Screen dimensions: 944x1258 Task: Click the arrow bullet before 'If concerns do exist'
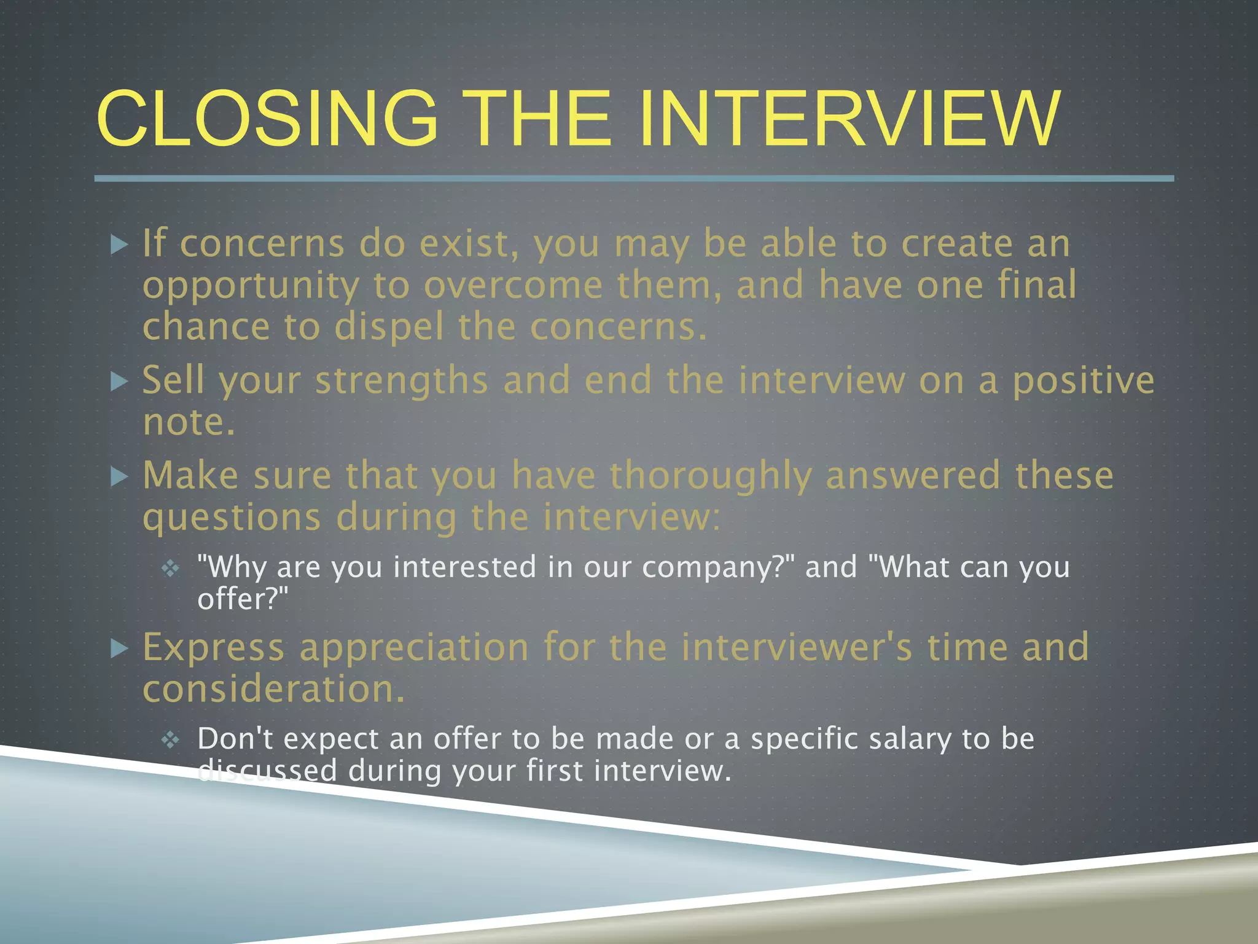pyautogui.click(x=119, y=245)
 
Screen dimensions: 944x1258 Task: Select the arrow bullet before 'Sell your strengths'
pyautogui.click(x=119, y=382)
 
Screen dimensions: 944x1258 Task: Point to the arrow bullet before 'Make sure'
pyautogui.click(x=119, y=477)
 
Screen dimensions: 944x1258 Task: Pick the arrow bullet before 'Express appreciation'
pyautogui.click(x=119, y=648)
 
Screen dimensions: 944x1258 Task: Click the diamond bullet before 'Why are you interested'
pyautogui.click(x=170, y=568)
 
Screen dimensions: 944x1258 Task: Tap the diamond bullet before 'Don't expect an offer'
pyautogui.click(x=170, y=739)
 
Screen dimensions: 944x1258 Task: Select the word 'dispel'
pyautogui.click(x=388, y=326)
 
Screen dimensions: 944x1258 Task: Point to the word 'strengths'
pyautogui.click(x=402, y=380)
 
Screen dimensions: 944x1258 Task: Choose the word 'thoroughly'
pyautogui.click(x=711, y=477)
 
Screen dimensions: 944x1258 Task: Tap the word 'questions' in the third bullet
pyautogui.click(x=232, y=518)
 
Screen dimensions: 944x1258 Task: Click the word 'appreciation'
pyautogui.click(x=414, y=648)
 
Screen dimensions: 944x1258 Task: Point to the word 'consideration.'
pyautogui.click(x=274, y=689)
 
